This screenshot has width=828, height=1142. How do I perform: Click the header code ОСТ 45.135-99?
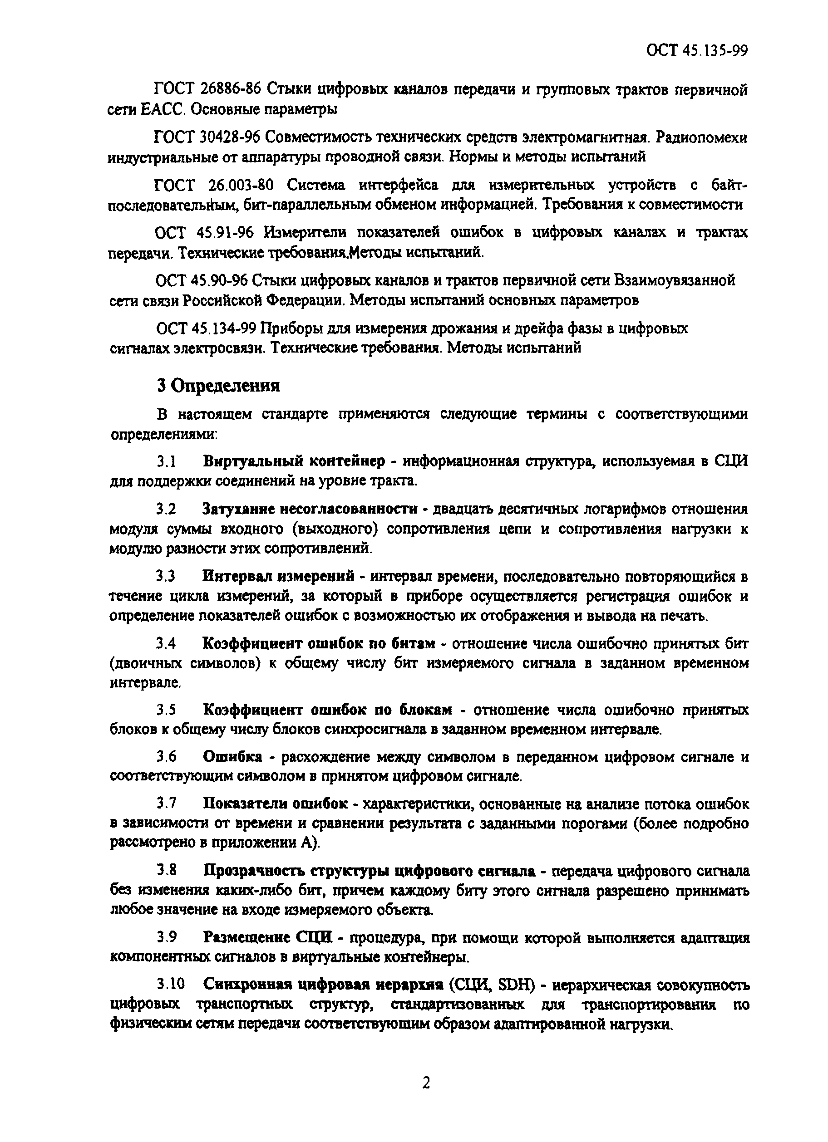[x=696, y=50]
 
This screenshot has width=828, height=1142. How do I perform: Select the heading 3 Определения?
[x=218, y=386]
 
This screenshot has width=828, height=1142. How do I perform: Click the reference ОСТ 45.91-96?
[x=204, y=232]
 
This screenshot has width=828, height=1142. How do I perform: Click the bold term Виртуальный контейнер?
[x=294, y=461]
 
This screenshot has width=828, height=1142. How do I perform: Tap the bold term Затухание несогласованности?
[x=310, y=509]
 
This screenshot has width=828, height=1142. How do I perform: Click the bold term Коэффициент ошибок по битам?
[x=318, y=643]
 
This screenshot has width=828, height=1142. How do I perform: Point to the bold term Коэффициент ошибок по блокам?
[x=327, y=710]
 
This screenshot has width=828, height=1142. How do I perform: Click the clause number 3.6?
[x=166, y=757]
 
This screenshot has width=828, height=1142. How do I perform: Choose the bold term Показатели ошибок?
[x=276, y=804]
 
